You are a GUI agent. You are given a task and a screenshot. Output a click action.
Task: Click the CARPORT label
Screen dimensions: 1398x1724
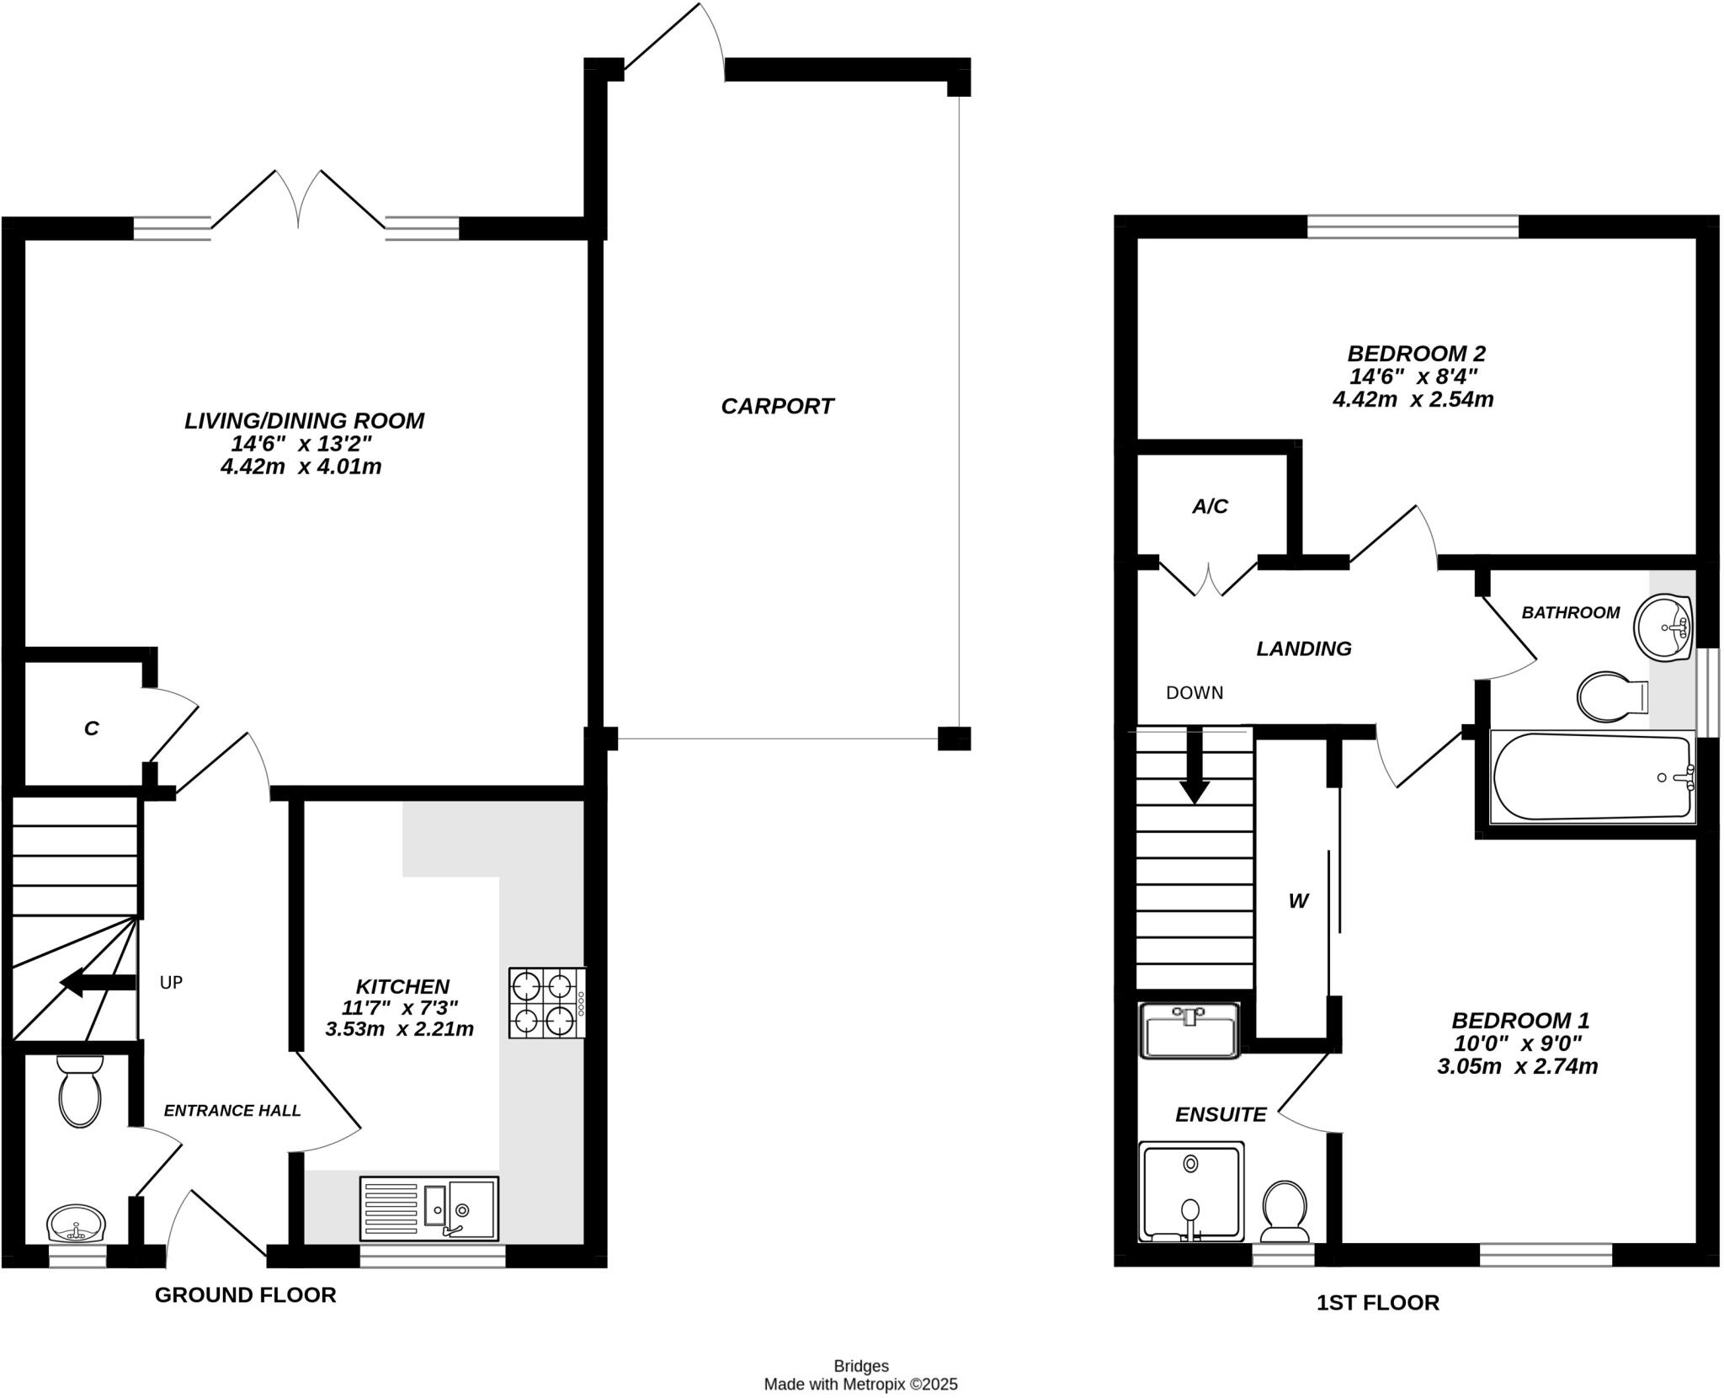[x=777, y=407]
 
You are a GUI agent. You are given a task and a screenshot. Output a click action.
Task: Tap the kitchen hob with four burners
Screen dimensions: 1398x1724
[x=546, y=1003]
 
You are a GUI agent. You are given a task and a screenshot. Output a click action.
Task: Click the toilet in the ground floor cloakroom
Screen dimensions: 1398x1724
[x=80, y=1091]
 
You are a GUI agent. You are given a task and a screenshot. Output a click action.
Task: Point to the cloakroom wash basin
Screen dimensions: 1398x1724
[x=76, y=1224]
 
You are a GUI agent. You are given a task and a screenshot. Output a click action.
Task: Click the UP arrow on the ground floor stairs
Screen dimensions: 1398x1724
[x=98, y=982]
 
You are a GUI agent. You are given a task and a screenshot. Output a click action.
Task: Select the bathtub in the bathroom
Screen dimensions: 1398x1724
[x=1591, y=776]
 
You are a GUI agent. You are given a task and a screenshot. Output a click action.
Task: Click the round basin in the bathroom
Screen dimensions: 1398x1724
[x=1663, y=627]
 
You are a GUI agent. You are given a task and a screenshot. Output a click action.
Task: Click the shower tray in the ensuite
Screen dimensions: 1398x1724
[x=1190, y=1192]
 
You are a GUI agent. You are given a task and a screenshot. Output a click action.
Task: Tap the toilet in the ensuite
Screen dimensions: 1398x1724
[x=1285, y=1212]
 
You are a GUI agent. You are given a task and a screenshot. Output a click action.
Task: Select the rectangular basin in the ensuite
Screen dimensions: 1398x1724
[x=1189, y=1029]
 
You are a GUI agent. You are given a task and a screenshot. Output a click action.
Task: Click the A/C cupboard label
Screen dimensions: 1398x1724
[x=1210, y=506]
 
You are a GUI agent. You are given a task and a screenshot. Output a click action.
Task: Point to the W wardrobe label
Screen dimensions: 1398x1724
[x=1298, y=902]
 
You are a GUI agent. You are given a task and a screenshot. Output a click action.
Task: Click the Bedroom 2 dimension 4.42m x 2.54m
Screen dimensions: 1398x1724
[x=1413, y=399]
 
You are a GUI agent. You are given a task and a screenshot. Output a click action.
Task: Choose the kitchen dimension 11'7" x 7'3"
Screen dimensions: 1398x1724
[x=400, y=1007]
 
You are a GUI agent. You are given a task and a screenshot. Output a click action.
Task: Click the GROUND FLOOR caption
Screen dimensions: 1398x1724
[x=245, y=1295]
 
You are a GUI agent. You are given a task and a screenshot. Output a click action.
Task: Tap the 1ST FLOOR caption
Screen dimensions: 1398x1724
[x=1377, y=1303]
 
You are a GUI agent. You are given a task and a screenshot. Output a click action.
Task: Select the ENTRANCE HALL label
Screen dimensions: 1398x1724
[x=232, y=1111]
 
